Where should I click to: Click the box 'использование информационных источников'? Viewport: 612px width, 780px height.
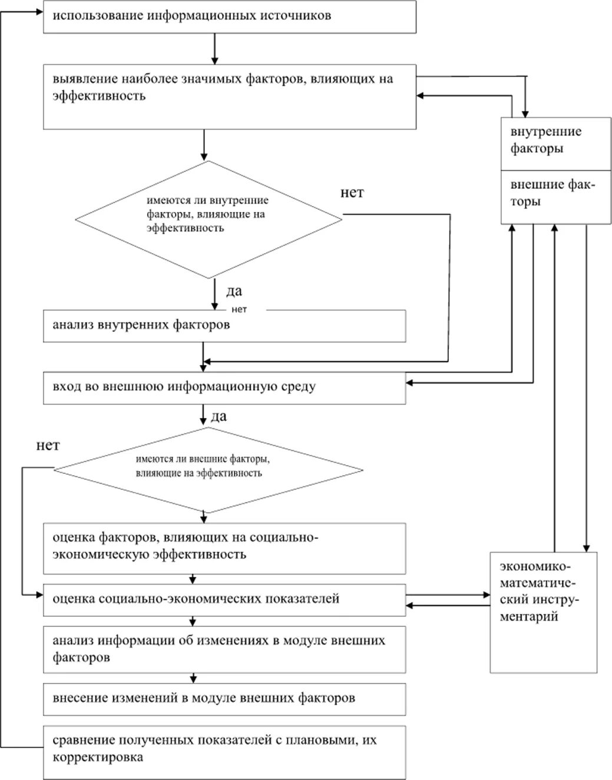click(x=230, y=17)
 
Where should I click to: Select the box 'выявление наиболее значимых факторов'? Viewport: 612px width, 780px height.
click(x=230, y=97)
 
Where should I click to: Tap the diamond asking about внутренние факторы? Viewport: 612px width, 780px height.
click(x=209, y=220)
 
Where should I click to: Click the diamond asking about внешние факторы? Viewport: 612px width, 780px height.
click(x=209, y=470)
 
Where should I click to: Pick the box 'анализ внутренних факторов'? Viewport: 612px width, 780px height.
click(x=224, y=326)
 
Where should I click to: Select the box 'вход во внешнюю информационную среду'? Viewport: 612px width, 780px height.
click(x=224, y=388)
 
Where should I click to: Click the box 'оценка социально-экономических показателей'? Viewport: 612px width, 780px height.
click(x=224, y=600)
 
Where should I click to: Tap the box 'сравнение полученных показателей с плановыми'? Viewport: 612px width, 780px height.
click(x=224, y=752)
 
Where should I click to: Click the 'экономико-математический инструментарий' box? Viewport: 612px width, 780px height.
click(x=544, y=612)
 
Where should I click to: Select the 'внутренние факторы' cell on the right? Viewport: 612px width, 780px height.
click(x=556, y=144)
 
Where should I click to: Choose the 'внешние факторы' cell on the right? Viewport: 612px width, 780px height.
click(x=556, y=197)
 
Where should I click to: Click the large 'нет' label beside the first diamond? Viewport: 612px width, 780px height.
click(x=352, y=192)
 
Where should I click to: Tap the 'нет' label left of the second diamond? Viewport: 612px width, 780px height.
click(x=48, y=446)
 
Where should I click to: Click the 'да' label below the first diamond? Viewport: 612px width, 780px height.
click(x=234, y=291)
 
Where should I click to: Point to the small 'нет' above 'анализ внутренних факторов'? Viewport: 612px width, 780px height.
click(x=239, y=310)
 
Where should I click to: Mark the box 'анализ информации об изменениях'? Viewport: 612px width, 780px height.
click(x=224, y=650)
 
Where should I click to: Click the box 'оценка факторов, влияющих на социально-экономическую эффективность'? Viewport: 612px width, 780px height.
click(x=224, y=549)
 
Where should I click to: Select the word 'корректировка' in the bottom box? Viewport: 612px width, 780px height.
click(x=98, y=758)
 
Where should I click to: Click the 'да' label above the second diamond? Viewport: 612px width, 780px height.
click(x=219, y=416)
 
